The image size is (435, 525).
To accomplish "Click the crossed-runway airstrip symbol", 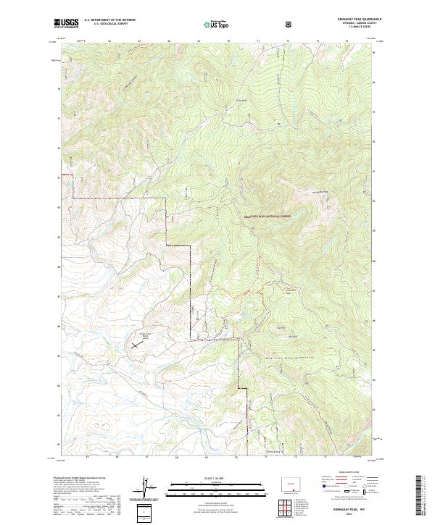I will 138,345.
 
